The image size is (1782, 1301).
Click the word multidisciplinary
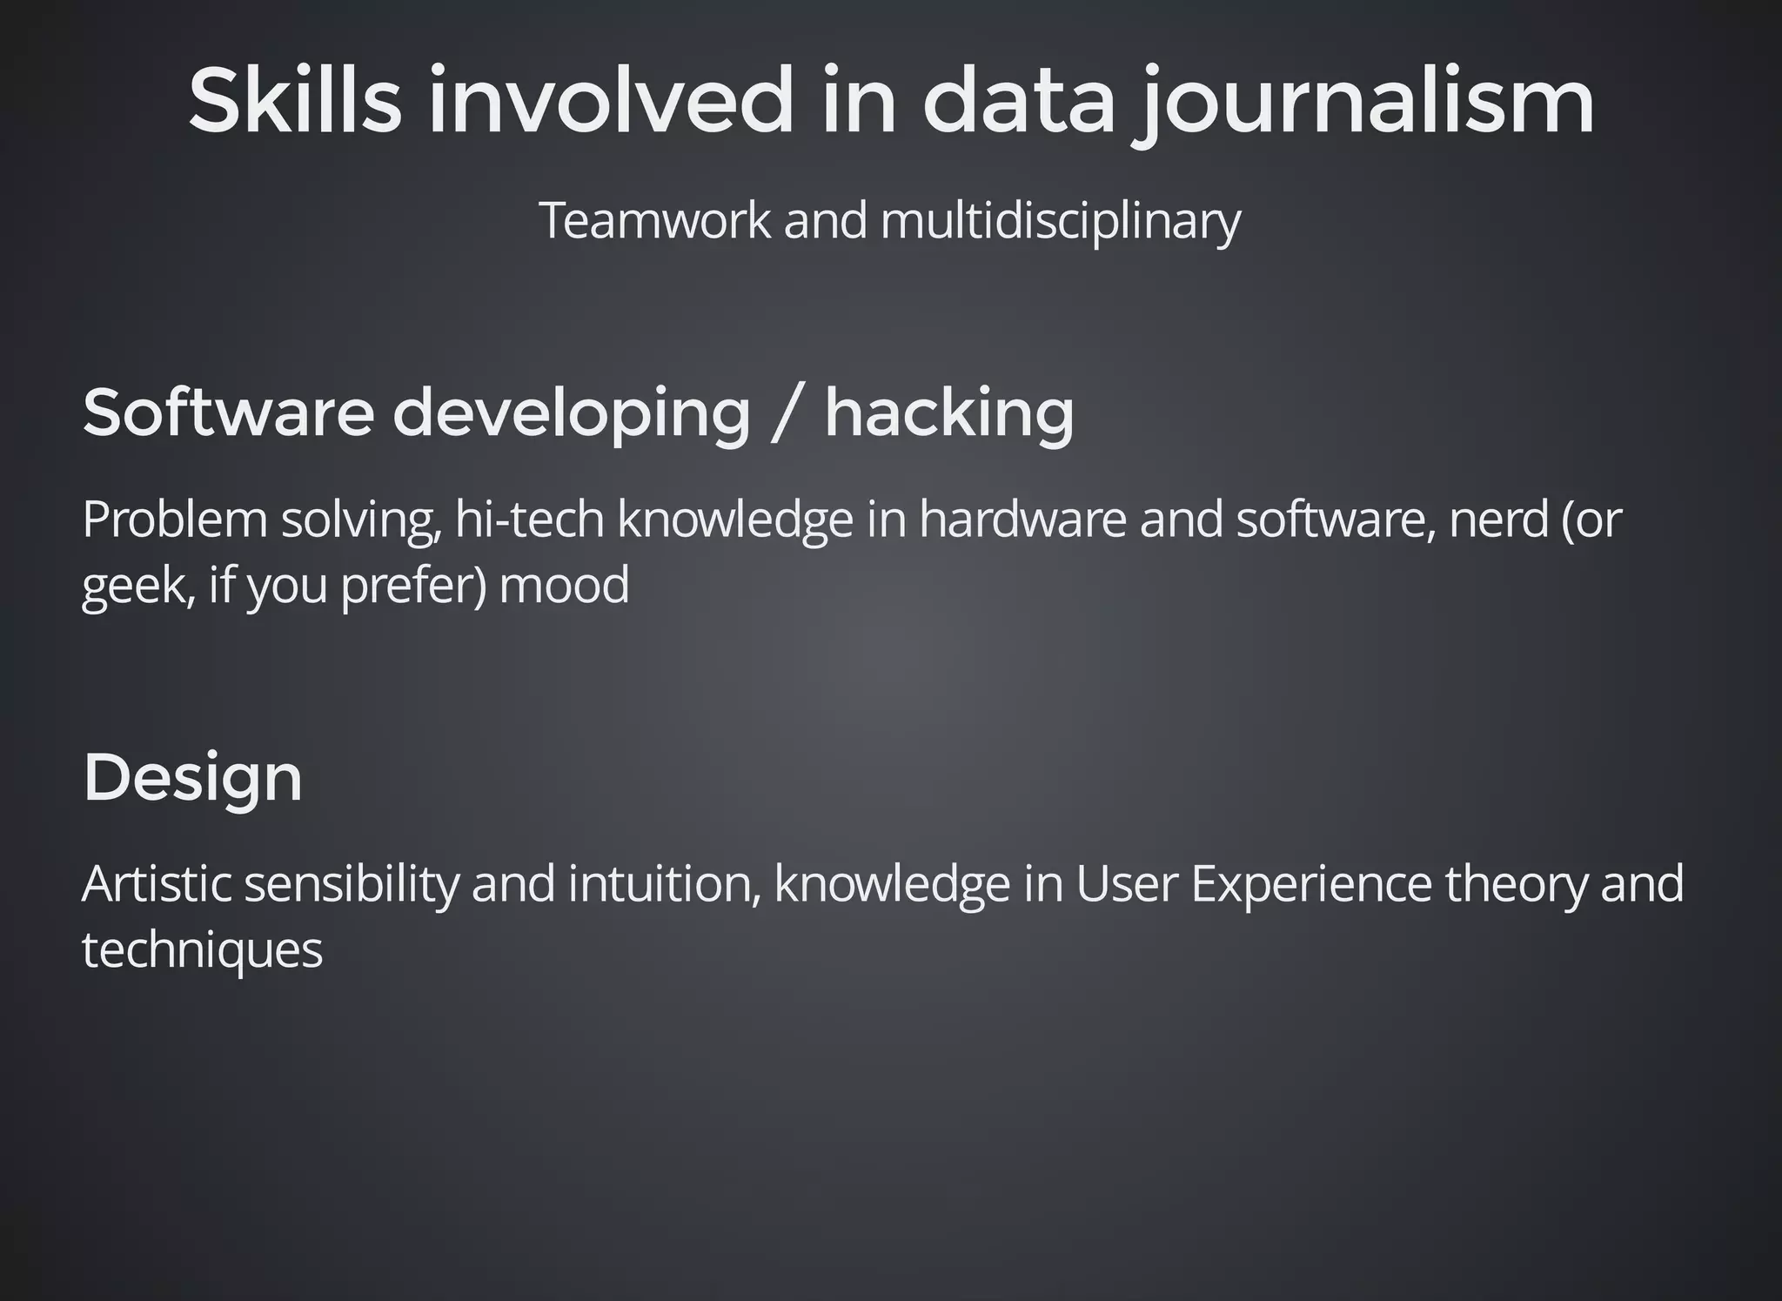tap(1060, 221)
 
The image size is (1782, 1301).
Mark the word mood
tap(564, 585)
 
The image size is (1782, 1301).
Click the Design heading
tap(192, 777)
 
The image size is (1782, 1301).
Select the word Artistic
tap(157, 883)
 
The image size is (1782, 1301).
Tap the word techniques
tap(202, 949)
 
